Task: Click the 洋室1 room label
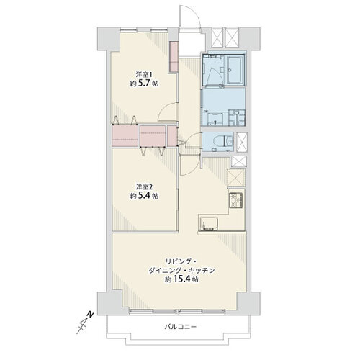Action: pos(144,74)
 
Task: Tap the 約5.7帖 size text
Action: pos(144,84)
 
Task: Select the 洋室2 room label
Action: pos(144,186)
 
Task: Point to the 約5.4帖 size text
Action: pos(144,196)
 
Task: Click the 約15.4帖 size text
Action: pos(181,279)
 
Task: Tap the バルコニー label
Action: pos(181,327)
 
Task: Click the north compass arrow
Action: pos(85,323)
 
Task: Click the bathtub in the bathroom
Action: pos(235,69)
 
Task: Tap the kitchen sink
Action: pos(208,224)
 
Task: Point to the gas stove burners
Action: pos(236,200)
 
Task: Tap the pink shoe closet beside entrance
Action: pos(174,57)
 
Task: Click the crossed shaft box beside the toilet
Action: pos(241,143)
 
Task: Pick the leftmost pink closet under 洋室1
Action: pos(125,135)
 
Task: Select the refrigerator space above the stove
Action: pos(236,178)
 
